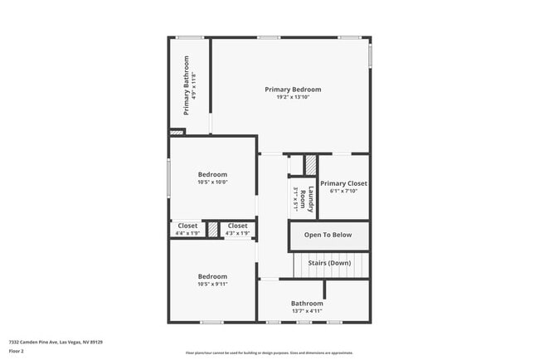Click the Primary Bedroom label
point(293,90)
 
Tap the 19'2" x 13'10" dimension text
point(293,98)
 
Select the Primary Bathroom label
point(187,85)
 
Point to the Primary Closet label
point(343,183)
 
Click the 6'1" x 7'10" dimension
point(343,192)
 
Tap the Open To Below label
point(328,235)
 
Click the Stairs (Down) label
point(329,263)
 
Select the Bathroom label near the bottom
point(306,304)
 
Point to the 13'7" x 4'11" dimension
point(306,312)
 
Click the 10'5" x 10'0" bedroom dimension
point(212,182)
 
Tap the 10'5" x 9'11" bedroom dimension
point(212,285)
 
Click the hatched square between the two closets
point(213,229)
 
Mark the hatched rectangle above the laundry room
point(310,165)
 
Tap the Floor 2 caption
point(17,351)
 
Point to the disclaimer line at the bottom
point(269,353)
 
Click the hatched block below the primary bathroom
point(177,131)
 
